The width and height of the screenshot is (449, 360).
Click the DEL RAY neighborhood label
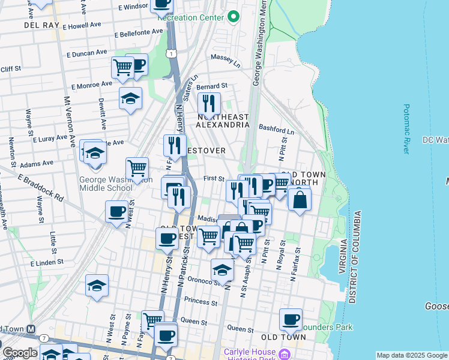[40, 25]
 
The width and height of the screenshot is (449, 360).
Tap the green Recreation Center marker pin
[233, 16]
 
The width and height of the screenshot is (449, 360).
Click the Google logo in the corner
[19, 352]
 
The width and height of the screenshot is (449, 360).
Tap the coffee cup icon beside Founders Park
[291, 319]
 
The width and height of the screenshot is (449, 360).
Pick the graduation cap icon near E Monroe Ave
[130, 98]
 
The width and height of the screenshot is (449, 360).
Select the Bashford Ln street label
[276, 129]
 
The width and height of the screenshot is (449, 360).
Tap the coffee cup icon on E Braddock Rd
[117, 211]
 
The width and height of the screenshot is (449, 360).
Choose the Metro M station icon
[31, 329]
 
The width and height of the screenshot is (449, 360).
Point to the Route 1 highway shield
[173, 53]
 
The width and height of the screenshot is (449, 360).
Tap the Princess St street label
[200, 300]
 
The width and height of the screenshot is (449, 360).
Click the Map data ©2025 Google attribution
[411, 355]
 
